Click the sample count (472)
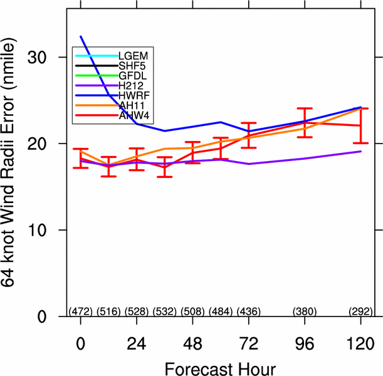point(80,311)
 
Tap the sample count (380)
point(305,311)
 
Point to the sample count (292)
point(360,311)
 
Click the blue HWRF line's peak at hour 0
point(80,37)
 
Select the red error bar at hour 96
point(305,123)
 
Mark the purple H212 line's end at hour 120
point(360,151)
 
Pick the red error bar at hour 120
point(360,125)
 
